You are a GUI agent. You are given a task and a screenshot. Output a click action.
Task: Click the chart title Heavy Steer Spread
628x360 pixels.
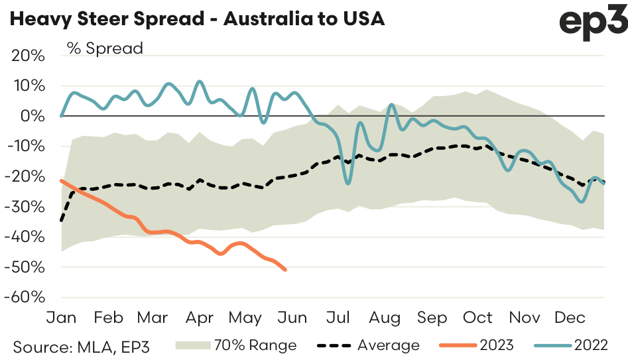point(196,19)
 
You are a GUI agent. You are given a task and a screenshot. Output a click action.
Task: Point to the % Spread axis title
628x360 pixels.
point(104,48)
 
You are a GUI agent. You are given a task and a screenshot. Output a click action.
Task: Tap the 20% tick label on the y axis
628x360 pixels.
point(29,56)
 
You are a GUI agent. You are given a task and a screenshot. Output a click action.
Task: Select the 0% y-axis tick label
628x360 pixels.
point(34,116)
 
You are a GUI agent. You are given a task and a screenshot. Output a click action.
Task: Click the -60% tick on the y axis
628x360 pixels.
point(26,297)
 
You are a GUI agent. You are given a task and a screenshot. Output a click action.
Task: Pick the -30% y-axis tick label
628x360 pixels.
point(26,207)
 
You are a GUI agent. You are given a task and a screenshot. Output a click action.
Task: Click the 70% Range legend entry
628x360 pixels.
point(236,345)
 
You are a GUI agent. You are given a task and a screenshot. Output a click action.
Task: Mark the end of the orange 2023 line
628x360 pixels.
point(285,269)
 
